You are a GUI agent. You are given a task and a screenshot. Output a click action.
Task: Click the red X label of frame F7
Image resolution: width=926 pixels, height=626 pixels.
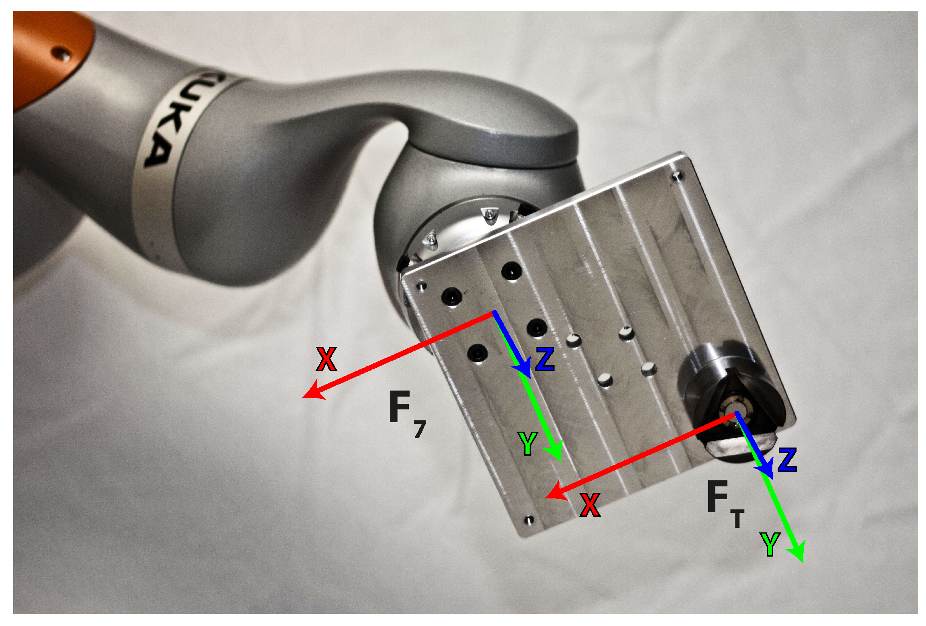click(326, 359)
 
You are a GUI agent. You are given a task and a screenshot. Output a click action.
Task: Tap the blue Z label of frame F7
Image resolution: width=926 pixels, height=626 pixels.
click(545, 359)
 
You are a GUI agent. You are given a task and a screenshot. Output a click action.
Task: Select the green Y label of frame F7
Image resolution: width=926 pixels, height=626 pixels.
click(528, 443)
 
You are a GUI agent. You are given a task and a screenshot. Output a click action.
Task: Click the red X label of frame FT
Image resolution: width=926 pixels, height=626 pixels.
click(590, 505)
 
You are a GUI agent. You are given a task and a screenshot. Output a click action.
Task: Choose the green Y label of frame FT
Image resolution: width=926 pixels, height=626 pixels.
click(770, 544)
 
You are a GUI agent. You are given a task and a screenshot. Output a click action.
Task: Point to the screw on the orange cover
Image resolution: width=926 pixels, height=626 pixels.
click(62, 52)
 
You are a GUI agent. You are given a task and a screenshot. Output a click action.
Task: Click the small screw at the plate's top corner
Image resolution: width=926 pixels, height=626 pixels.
click(677, 175)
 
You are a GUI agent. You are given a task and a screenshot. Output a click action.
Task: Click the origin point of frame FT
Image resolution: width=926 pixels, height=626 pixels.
click(735, 414)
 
